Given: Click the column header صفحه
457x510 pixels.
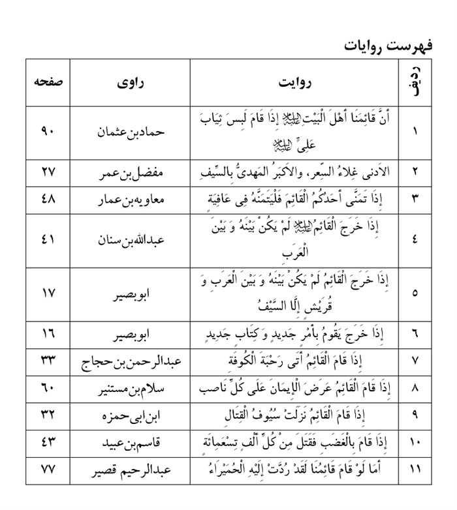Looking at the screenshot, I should pos(48,84).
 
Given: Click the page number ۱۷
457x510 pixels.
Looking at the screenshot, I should pos(48,293).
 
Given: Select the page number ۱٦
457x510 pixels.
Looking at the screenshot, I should pos(48,335).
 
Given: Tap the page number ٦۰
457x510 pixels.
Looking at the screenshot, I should pos(48,389).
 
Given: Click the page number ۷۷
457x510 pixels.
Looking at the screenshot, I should pos(48,470).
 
